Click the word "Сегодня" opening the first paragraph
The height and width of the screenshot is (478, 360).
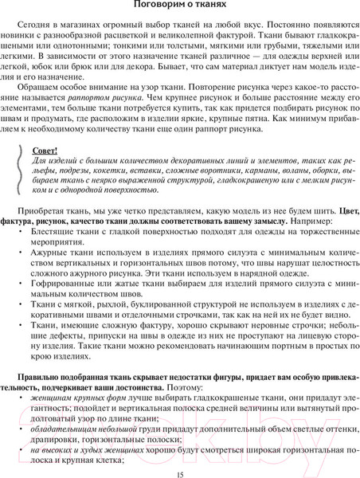[x=44, y=26]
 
